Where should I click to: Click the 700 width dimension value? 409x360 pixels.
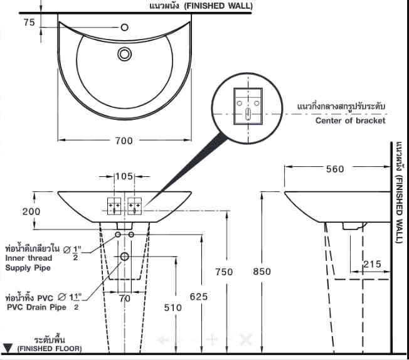(124, 140)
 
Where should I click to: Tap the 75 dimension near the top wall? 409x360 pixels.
(28, 22)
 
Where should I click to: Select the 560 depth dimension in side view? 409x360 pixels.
(336, 168)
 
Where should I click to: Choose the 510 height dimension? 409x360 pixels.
(173, 307)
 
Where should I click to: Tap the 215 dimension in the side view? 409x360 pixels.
(372, 265)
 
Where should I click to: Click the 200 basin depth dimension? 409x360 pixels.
(31, 211)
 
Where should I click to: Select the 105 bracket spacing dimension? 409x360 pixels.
(124, 176)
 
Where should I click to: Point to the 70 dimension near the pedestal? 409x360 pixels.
(124, 299)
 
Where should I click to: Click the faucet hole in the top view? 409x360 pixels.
(124, 27)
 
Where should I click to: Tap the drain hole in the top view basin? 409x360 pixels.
(124, 54)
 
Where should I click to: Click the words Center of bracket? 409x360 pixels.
(350, 120)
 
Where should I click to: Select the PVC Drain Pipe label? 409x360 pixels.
(36, 307)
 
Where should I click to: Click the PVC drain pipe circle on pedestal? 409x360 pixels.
(124, 257)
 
